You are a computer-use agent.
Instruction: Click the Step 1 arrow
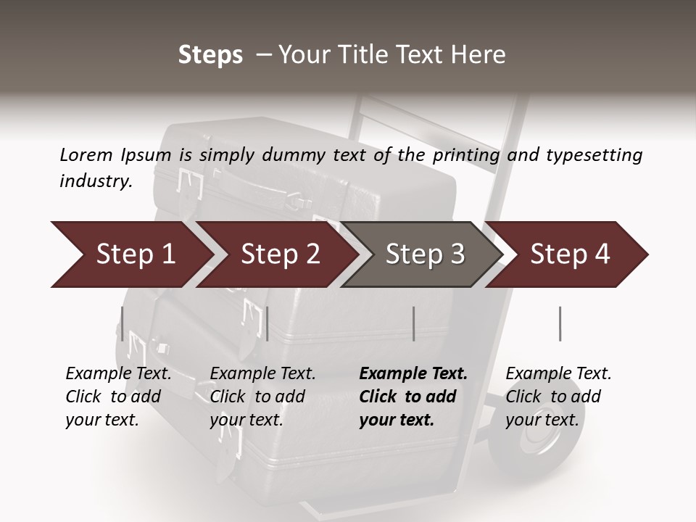[x=134, y=254]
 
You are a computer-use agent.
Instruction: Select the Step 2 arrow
[x=280, y=254]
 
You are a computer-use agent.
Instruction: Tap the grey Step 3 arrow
[x=424, y=254]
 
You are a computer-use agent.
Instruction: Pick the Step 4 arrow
[x=570, y=254]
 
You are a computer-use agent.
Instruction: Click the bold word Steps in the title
[x=210, y=55]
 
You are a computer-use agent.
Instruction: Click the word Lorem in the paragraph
[x=86, y=154]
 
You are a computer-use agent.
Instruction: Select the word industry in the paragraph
[x=96, y=181]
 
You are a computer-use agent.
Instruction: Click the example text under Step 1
[x=118, y=397]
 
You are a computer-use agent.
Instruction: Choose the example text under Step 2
[x=262, y=397]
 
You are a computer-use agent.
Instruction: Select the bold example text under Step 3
[x=413, y=397]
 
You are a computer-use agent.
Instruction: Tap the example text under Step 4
[x=558, y=397]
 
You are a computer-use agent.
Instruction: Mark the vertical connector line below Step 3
[x=414, y=323]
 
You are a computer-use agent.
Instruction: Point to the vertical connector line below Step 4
[x=560, y=323]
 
